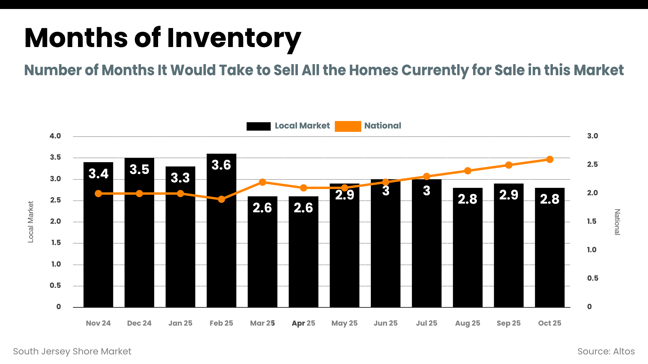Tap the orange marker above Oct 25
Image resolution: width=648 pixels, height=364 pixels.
[x=550, y=159]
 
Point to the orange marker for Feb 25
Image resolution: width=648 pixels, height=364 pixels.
[x=221, y=199]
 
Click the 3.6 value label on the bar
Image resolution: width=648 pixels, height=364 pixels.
[x=221, y=165]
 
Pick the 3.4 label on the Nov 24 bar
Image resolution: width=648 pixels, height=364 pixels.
[x=98, y=174]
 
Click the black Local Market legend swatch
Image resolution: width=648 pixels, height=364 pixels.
[x=258, y=126]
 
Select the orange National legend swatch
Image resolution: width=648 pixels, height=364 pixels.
[x=348, y=126]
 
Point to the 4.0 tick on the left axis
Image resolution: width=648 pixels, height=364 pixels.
[x=55, y=136]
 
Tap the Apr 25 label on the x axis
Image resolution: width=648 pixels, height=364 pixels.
[x=303, y=323]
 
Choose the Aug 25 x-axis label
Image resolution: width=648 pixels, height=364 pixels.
[x=467, y=323]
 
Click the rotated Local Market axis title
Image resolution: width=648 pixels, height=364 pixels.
[x=31, y=222]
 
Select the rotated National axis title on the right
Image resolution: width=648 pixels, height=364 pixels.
[x=617, y=222]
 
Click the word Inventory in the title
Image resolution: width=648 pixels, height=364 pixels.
[x=234, y=38]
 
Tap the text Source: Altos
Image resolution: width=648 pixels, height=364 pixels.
[x=606, y=351]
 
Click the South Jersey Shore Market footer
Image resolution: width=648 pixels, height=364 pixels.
[x=72, y=351]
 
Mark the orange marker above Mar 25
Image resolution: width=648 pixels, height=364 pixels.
[x=262, y=182]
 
